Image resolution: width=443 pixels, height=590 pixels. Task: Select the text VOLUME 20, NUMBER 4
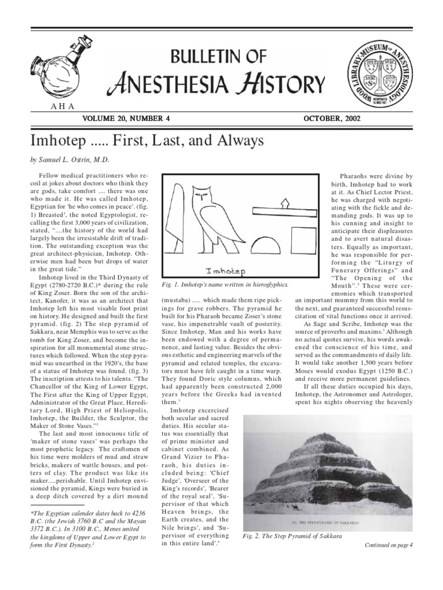[x=128, y=118]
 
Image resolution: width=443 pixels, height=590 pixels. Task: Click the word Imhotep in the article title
[x=55, y=139]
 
